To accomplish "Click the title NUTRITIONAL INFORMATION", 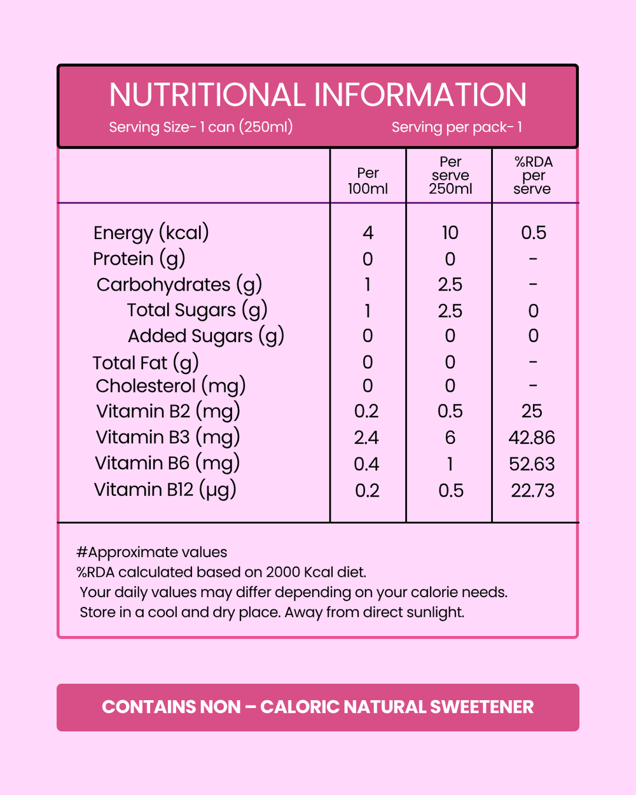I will [317, 95].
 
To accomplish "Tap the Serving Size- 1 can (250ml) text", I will [201, 127].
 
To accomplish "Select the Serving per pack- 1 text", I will [457, 127].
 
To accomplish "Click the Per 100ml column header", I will [368, 181].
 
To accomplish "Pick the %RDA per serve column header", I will [533, 175].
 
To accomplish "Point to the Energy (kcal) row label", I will [151, 233].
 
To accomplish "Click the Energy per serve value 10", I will [450, 233].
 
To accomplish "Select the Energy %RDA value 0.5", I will [533, 233].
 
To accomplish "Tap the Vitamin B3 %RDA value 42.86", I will [532, 438].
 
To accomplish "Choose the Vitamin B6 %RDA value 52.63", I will [532, 464].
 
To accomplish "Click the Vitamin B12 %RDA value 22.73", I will [532, 490].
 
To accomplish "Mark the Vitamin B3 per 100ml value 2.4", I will [366, 438].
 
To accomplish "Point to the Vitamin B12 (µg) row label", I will [165, 490].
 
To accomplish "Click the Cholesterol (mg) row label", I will [170, 386].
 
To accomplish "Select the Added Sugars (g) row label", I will [205, 336].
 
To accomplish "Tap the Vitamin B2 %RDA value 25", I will [532, 411].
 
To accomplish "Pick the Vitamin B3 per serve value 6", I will [450, 438].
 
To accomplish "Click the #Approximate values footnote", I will [151, 552].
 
